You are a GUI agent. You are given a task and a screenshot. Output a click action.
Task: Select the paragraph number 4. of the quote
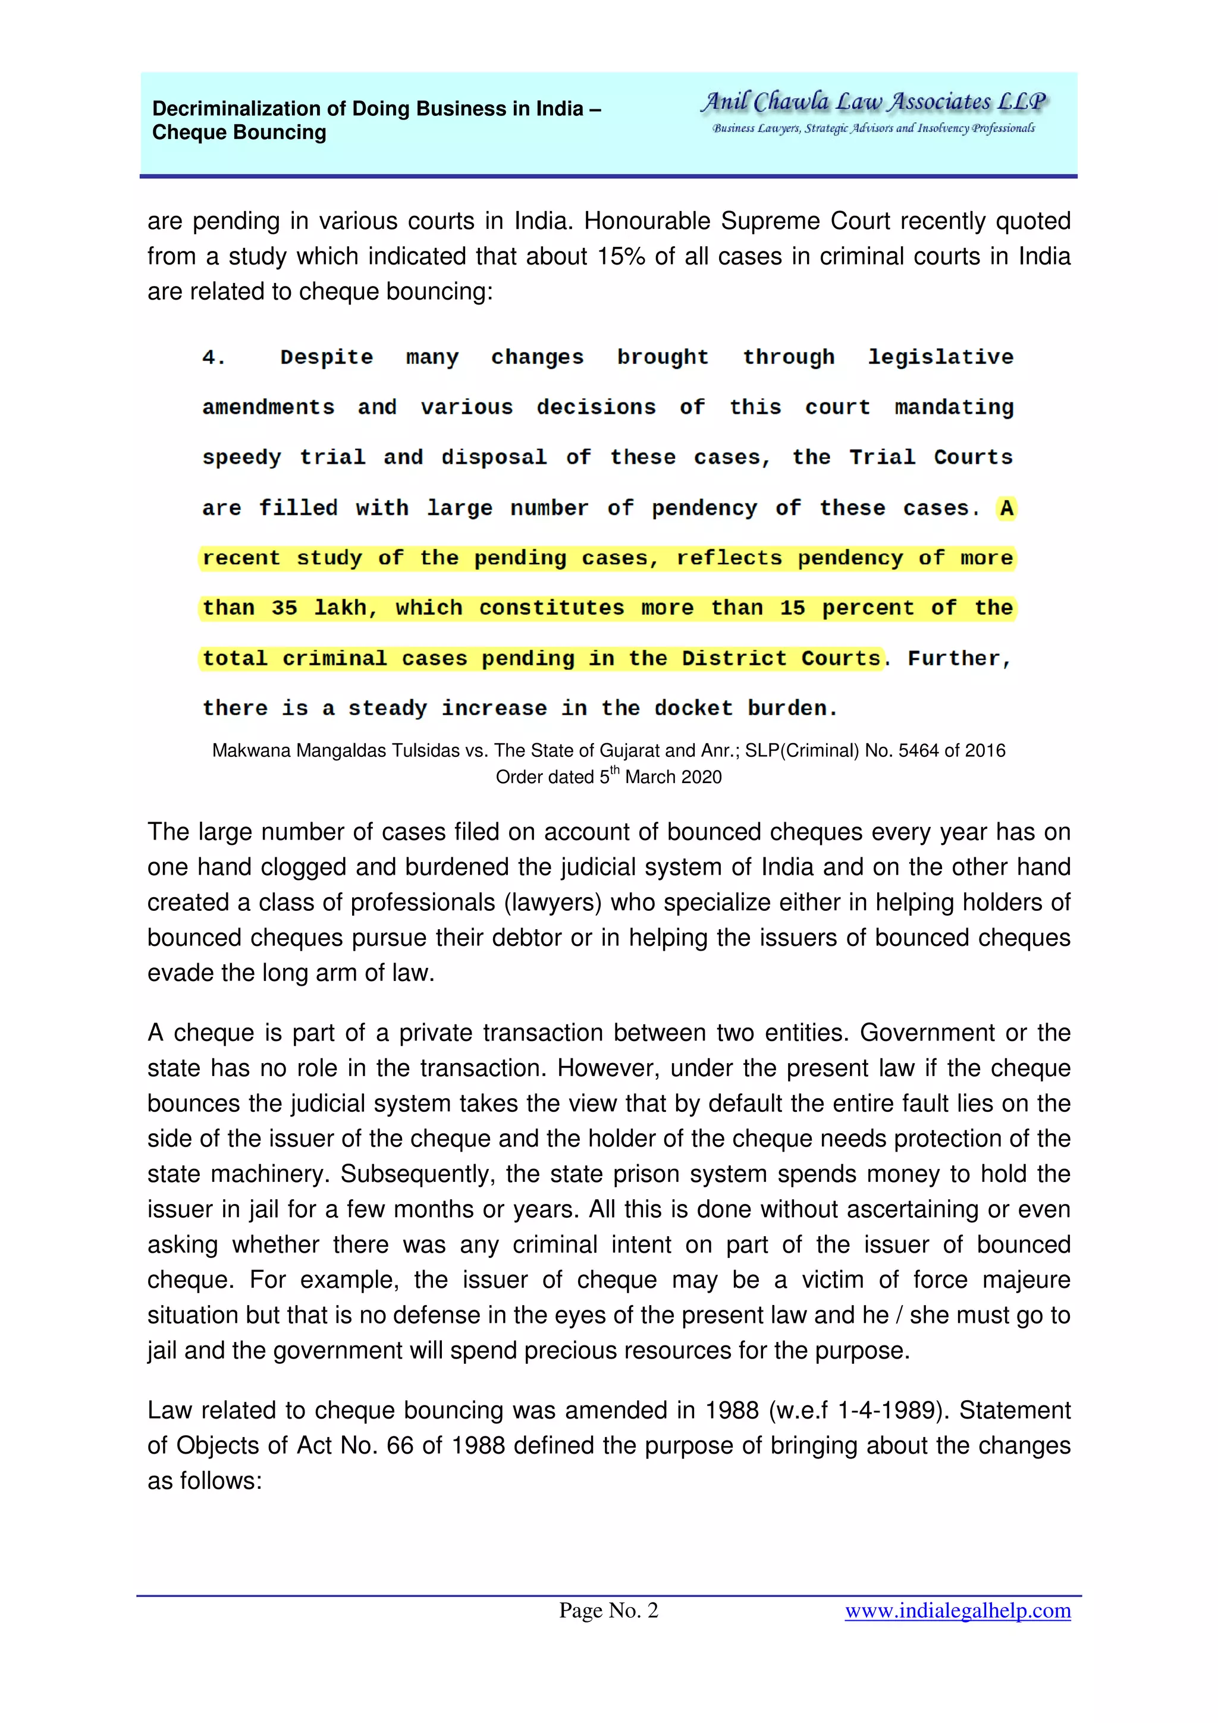[214, 357]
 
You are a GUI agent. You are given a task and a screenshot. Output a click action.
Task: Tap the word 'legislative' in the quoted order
[940, 357]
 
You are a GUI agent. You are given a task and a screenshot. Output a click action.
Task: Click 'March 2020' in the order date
[673, 776]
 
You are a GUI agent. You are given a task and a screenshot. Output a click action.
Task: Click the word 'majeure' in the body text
[1026, 1279]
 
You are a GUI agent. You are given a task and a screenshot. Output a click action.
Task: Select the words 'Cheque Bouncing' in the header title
[240, 133]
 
